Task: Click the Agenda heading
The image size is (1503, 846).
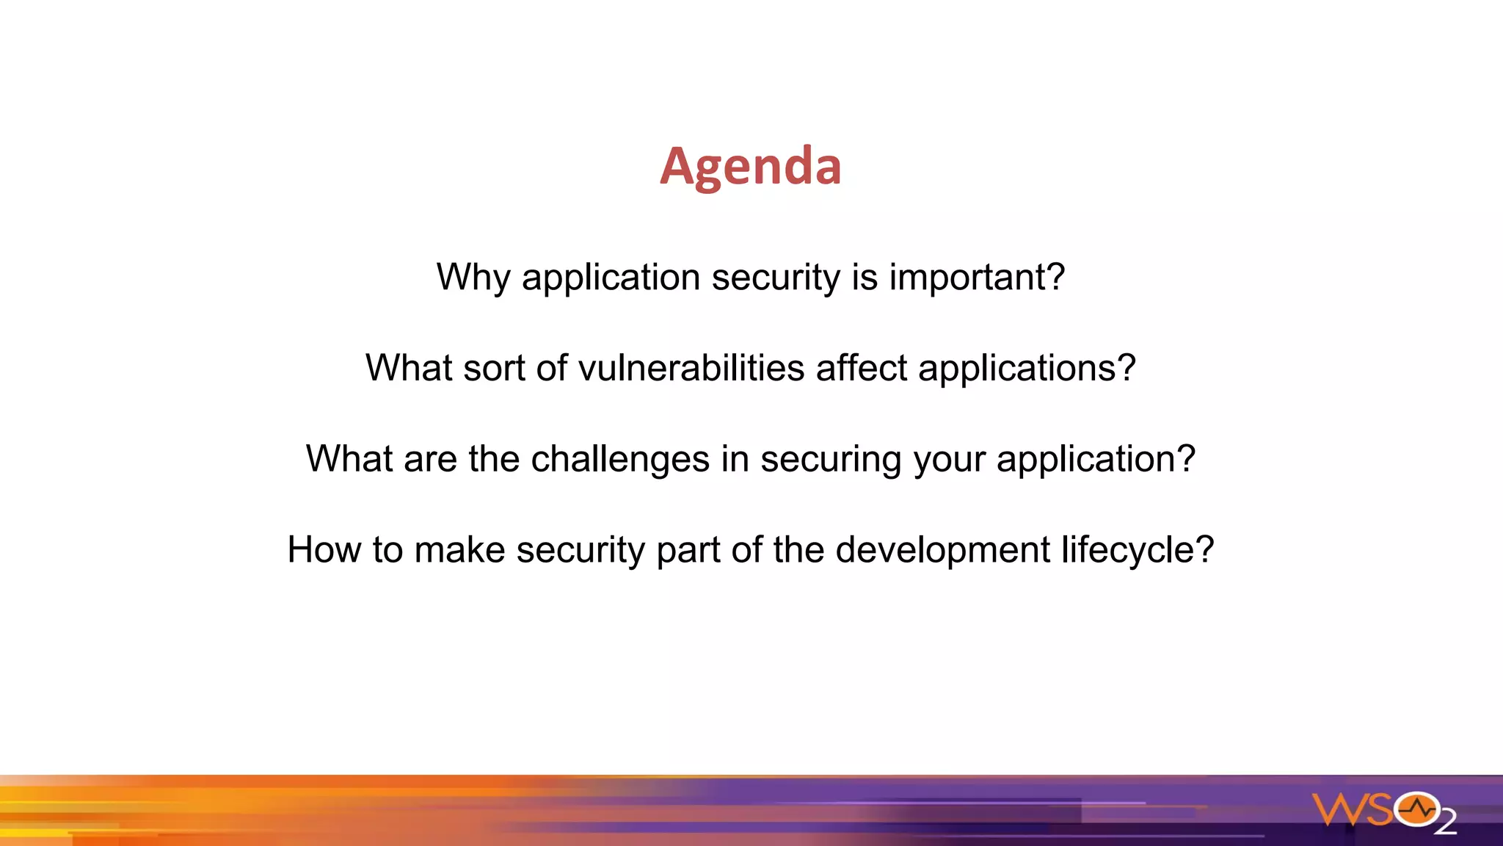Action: pyautogui.click(x=750, y=167)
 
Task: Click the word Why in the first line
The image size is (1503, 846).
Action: pyautogui.click(x=473, y=278)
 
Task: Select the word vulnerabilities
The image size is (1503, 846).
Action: pyautogui.click(x=691, y=368)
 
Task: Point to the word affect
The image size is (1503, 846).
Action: pyautogui.click(x=861, y=368)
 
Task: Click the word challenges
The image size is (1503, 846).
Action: pyautogui.click(x=620, y=459)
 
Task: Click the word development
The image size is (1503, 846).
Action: pyautogui.click(x=942, y=550)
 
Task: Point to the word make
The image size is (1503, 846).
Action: pyautogui.click(x=459, y=550)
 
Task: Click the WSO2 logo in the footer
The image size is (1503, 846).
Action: pyautogui.click(x=1383, y=811)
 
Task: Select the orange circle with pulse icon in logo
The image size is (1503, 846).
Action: pyautogui.click(x=1416, y=809)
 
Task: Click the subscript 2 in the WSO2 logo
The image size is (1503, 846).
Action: pyautogui.click(x=1444, y=823)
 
